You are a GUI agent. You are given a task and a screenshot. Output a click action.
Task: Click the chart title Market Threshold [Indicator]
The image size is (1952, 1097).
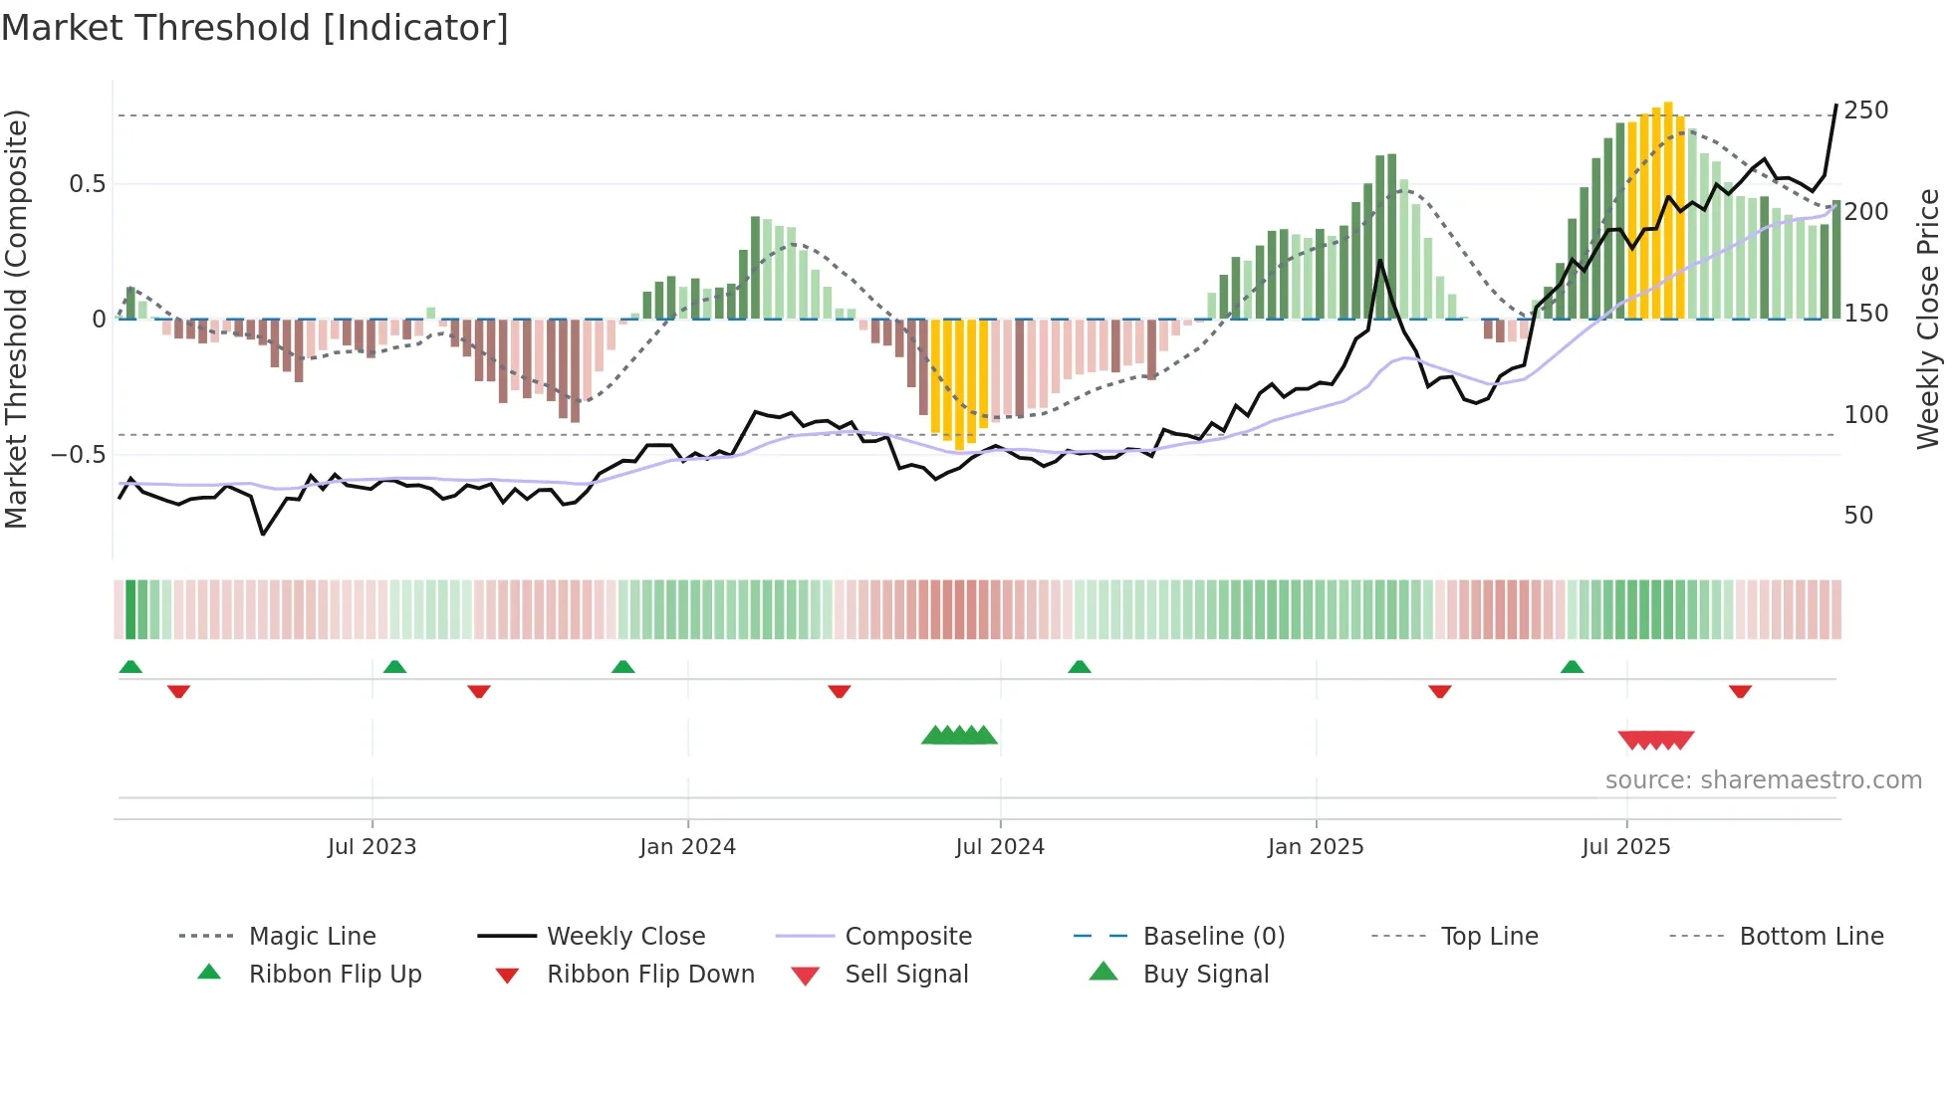pos(255,28)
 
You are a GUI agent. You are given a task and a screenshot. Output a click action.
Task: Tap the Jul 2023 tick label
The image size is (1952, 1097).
pos(371,847)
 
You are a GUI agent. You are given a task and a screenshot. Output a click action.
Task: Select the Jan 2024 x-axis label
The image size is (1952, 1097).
pos(687,847)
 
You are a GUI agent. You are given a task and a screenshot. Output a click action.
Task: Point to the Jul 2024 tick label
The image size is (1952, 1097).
pos(1000,847)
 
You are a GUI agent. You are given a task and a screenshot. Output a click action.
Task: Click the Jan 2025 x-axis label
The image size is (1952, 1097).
pos(1316,847)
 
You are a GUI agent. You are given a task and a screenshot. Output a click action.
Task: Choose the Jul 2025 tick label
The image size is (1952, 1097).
pos(1626,847)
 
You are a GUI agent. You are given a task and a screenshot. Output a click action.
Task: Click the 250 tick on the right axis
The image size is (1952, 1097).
pos(1865,110)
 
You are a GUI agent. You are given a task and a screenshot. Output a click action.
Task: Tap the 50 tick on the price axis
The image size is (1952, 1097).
pos(1858,516)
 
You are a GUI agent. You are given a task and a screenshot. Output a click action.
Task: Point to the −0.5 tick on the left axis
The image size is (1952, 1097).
pos(79,455)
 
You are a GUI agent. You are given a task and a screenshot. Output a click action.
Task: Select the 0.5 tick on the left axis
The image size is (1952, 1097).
pos(87,184)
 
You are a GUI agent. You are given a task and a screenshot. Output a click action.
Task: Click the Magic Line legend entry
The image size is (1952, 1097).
pos(312,937)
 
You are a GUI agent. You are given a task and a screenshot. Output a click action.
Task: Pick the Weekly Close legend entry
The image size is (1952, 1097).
pos(625,937)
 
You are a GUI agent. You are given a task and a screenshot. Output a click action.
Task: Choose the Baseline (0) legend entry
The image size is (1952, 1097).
pos(1213,937)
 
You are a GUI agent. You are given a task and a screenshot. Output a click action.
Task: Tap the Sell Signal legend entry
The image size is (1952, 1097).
pos(906,975)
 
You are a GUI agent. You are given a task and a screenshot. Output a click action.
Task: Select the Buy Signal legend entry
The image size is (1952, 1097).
pos(1205,975)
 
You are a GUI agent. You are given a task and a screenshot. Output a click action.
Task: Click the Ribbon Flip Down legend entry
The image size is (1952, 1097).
pos(650,975)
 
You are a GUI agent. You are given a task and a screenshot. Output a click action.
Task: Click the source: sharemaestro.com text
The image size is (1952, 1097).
pos(1763,780)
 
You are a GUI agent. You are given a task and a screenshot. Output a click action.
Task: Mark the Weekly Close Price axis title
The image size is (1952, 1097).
pos(1928,319)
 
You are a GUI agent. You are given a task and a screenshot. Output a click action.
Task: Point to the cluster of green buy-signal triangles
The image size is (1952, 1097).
pos(959,736)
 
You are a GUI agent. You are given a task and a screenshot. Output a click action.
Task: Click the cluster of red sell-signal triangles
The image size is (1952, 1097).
pos(1655,740)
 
